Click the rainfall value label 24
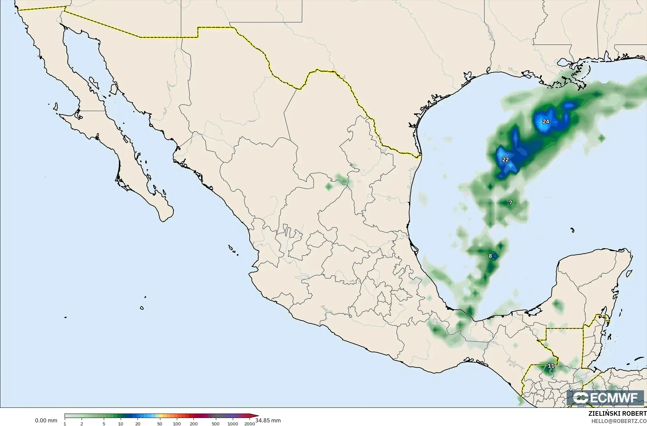tap(546, 121)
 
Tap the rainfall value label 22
tap(505, 160)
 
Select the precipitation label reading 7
tap(510, 203)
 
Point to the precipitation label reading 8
tap(490, 256)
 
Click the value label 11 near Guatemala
tap(551, 366)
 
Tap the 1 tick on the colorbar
tap(65, 423)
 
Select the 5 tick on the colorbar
tap(104, 423)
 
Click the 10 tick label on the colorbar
tap(121, 423)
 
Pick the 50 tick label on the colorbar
tap(160, 423)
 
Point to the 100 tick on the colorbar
tap(177, 423)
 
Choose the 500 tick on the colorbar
tap(216, 423)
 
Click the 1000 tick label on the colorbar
tap(233, 423)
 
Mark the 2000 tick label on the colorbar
tap(250, 423)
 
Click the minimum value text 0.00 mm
tap(46, 421)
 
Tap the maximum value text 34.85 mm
tap(268, 420)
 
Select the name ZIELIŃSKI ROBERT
tap(617, 413)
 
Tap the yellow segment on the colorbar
tap(157, 416)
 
